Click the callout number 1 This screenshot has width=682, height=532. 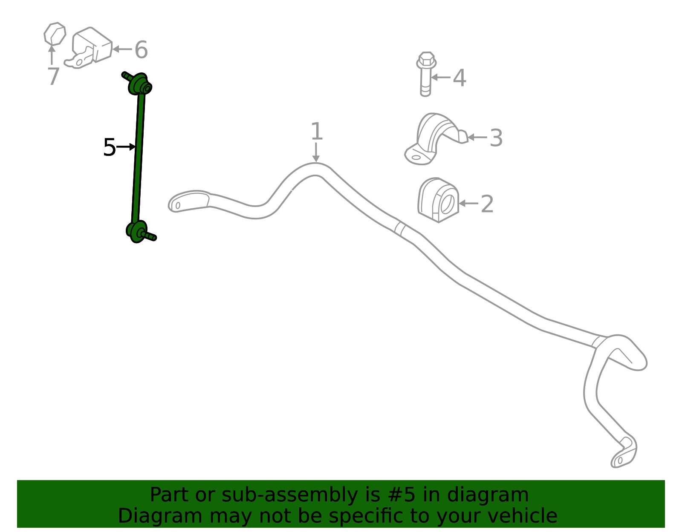317,131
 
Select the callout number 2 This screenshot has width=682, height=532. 487,204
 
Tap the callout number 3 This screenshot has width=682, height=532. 496,138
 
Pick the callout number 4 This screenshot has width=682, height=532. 459,78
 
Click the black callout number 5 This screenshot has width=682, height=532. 110,147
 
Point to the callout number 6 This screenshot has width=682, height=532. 141,49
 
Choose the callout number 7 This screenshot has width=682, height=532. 54,76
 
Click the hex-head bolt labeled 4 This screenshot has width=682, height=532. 426,74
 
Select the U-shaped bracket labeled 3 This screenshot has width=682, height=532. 436,139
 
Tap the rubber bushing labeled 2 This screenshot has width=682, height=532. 439,200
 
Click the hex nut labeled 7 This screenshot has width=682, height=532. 55,34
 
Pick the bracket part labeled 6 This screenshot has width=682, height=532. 89,48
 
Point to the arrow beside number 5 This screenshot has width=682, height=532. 126,147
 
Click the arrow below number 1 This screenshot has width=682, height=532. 316,152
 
